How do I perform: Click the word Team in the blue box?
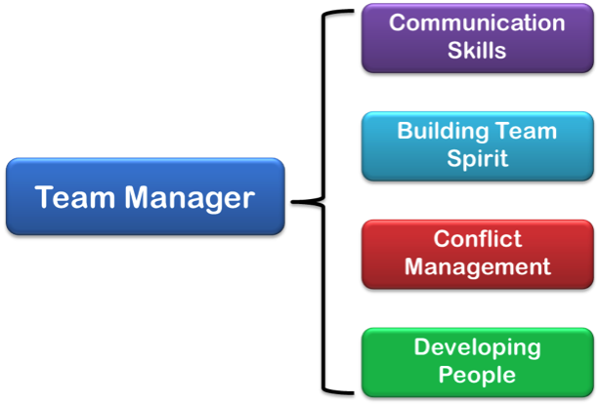75,197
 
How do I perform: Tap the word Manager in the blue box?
190,199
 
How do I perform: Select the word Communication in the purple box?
477,22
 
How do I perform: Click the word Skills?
477,50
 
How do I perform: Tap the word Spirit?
478,159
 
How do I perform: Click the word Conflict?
478,239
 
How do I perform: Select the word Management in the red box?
478,267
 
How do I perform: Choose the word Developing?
478,348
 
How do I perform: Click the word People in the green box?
477,375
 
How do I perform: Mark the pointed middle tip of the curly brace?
292,202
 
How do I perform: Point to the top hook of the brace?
339,13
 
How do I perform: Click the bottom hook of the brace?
339,391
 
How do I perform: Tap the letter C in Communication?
398,22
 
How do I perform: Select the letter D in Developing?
423,346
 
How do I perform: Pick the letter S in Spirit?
455,158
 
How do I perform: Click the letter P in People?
447,374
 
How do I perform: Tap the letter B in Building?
406,131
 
